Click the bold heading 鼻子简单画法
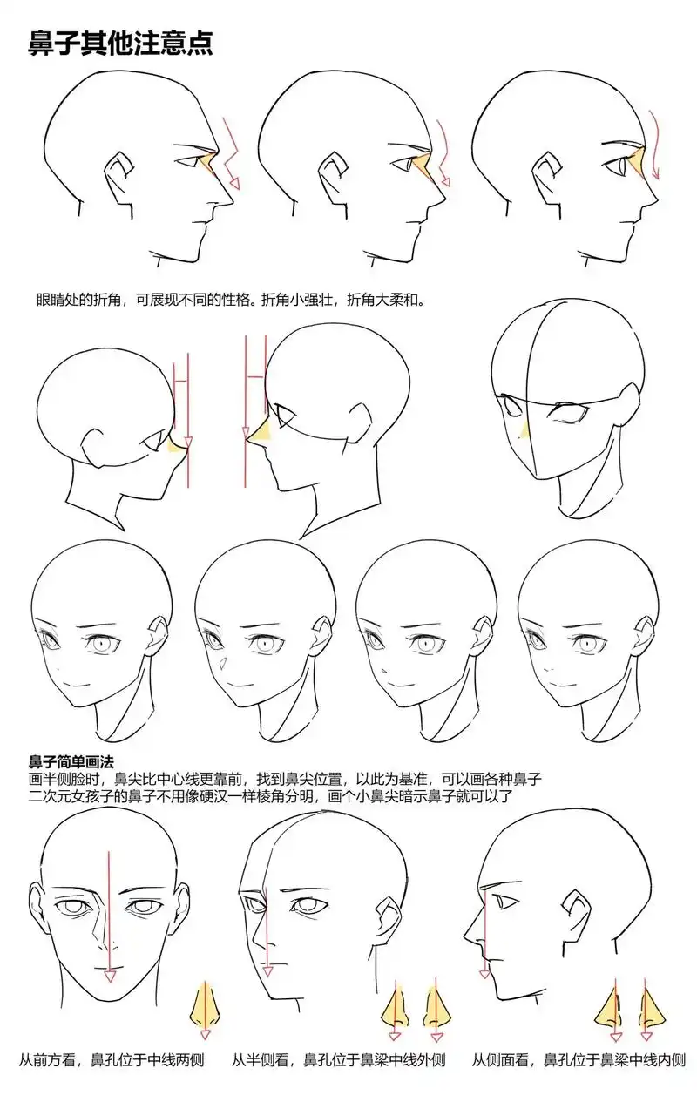pos(72,761)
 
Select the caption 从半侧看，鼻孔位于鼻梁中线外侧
pos(339,1060)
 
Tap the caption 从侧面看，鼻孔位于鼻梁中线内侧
pos(579,1060)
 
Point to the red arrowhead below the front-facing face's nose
pos(110,977)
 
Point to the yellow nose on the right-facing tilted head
pos(179,445)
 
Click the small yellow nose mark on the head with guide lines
pos(523,431)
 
